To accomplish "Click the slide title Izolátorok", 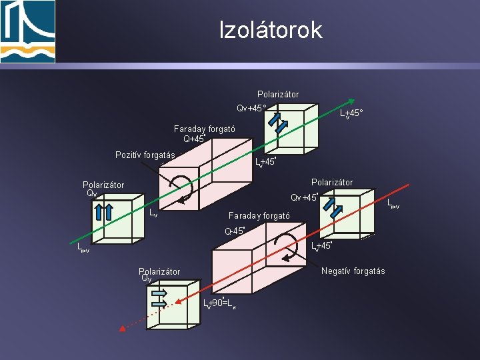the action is click(x=271, y=30).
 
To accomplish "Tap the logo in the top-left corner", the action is click(x=28, y=31).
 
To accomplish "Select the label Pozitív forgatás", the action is click(x=145, y=155).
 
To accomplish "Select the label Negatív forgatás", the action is click(x=353, y=271).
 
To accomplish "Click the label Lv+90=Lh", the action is click(x=219, y=303).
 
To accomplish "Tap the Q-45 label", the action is click(x=235, y=231).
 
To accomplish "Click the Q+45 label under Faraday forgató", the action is click(x=193, y=139).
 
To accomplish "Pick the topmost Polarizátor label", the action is click(x=278, y=94).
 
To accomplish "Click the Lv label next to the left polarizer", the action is click(x=153, y=213).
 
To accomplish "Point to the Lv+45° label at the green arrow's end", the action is click(x=351, y=114).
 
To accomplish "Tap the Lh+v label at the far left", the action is click(x=83, y=248).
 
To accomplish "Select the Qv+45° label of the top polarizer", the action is click(x=251, y=108).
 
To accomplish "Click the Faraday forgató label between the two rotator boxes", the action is click(x=259, y=216).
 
